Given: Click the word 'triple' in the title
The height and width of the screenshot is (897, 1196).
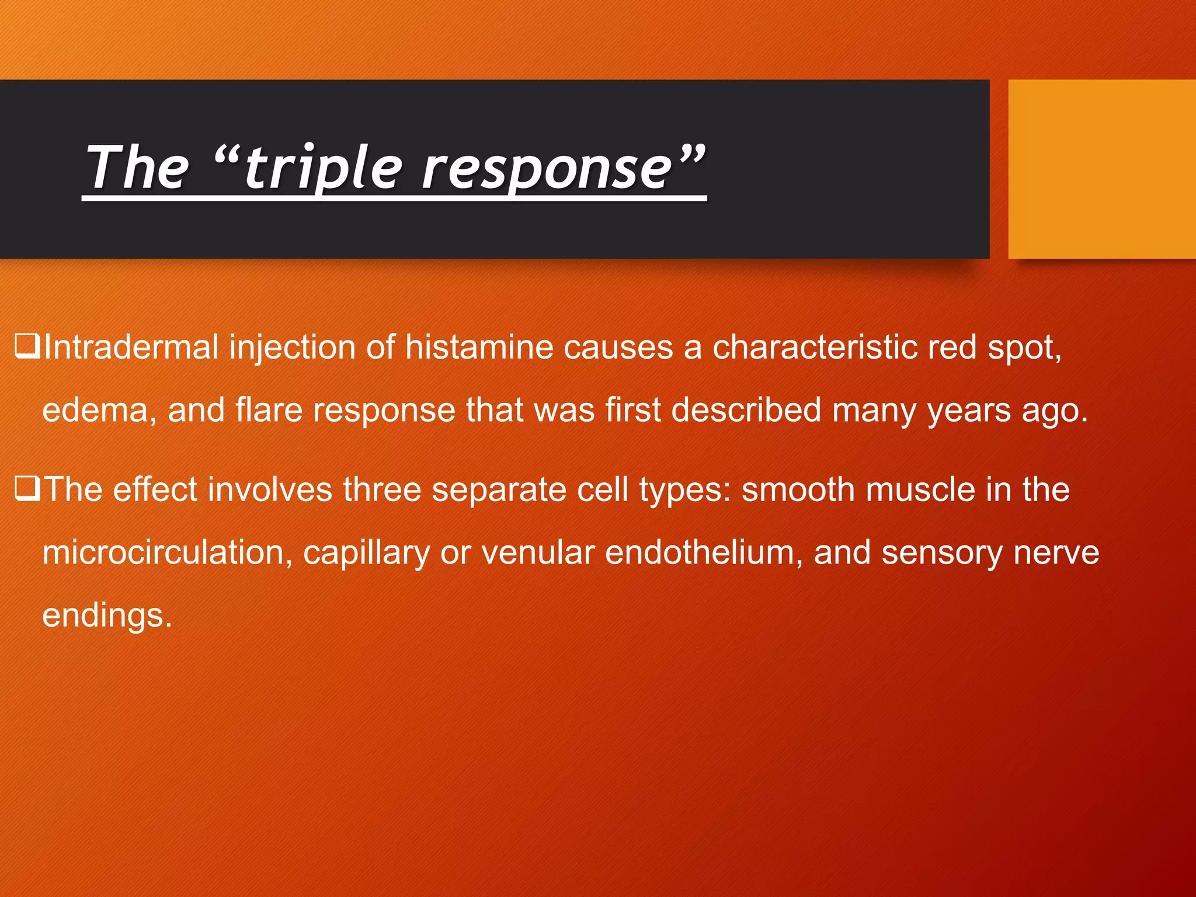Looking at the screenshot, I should (x=323, y=169).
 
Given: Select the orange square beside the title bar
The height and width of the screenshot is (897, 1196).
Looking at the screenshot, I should (x=1101, y=169).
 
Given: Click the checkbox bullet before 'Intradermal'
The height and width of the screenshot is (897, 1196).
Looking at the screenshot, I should (x=27, y=346).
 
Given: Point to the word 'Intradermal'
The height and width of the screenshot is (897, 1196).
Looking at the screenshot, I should (x=131, y=347).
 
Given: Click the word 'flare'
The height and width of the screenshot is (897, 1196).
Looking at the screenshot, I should (x=269, y=409).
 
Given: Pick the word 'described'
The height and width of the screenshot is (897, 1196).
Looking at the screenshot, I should (x=746, y=409).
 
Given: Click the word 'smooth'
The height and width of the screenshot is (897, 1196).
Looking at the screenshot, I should (x=798, y=489).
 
